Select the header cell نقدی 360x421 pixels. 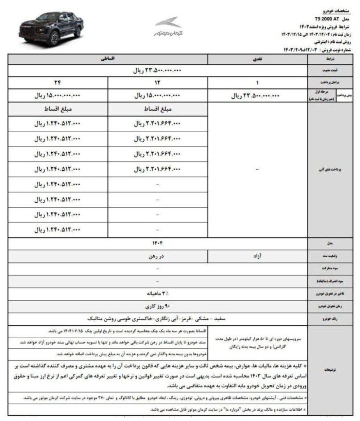258,60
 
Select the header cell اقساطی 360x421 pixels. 108,60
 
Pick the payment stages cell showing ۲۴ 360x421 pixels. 58,82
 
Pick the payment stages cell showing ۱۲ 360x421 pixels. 158,82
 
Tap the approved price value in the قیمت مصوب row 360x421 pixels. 158,71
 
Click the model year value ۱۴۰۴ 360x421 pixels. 158,244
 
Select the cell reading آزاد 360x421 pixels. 258,255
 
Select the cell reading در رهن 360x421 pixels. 158,255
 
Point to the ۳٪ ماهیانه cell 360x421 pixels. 158,294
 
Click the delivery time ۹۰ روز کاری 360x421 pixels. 158,306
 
